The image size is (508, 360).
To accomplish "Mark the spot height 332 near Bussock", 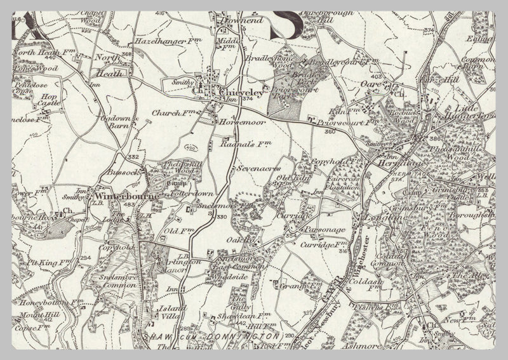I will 132,157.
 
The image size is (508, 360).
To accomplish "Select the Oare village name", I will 378,83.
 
